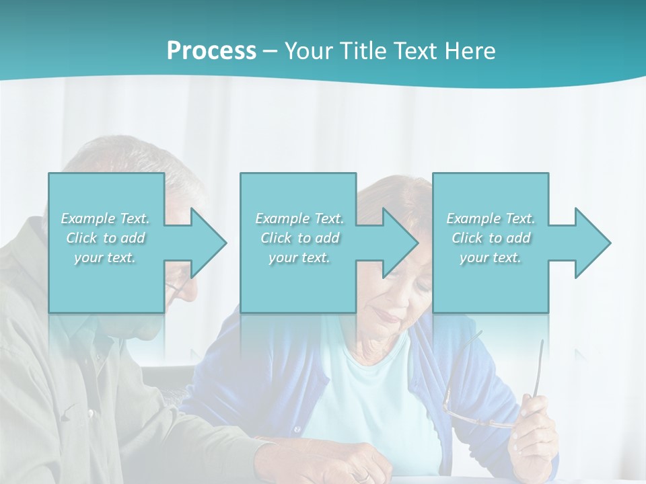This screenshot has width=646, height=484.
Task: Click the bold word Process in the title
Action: click(x=211, y=51)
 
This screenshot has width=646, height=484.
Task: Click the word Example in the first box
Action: click(x=88, y=218)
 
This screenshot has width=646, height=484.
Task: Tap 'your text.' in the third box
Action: click(x=490, y=257)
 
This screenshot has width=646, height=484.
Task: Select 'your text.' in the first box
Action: click(x=105, y=257)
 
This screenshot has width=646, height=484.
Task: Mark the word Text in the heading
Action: click(x=417, y=51)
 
